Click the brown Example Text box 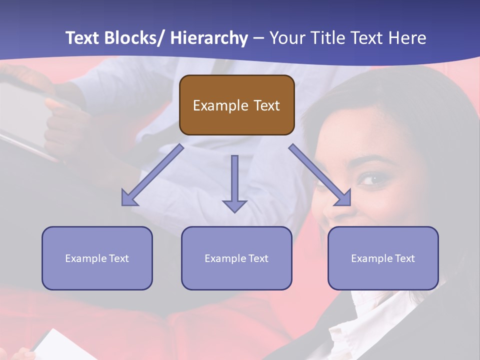[x=236, y=105]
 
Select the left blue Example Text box [x=97, y=258]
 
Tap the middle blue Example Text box [x=236, y=258]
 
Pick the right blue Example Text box [x=383, y=258]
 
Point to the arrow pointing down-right [x=320, y=175]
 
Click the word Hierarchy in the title [x=209, y=38]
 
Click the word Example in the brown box [x=220, y=105]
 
